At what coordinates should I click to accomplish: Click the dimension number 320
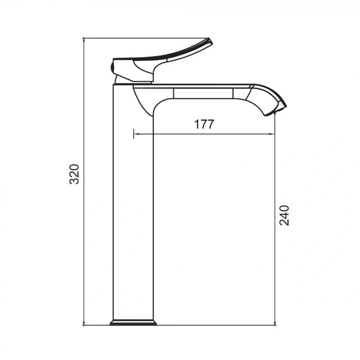point(75,174)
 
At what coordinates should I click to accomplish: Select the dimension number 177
point(204,124)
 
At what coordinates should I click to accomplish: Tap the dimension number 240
point(284,215)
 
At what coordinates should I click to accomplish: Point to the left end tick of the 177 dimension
point(134,134)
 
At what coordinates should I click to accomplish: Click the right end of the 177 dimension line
point(274,134)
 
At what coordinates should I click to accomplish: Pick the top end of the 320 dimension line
point(83,38)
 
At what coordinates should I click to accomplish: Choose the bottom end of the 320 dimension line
point(83,325)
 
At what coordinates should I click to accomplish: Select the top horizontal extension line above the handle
point(144,38)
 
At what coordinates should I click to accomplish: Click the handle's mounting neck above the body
point(134,79)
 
